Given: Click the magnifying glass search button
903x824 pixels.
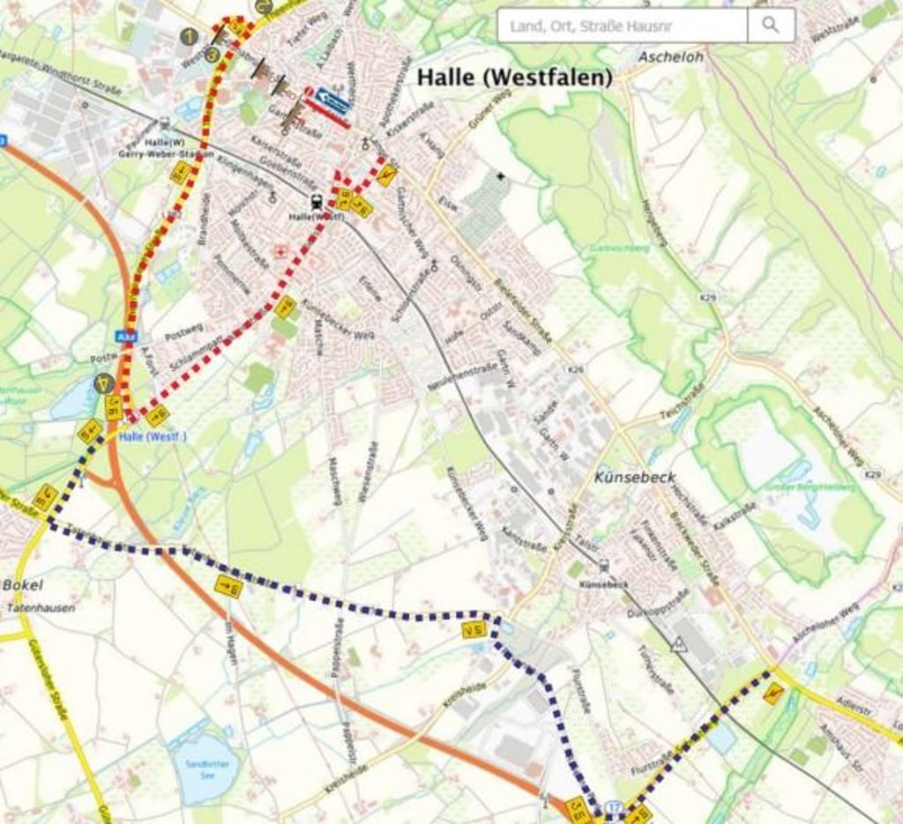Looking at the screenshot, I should (x=771, y=26).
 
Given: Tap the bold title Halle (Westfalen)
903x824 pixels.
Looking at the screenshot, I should (x=514, y=77).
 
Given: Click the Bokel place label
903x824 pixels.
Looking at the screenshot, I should (x=22, y=585).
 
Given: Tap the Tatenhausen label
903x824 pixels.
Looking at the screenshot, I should (x=41, y=608).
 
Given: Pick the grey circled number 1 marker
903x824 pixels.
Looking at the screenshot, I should (x=189, y=36).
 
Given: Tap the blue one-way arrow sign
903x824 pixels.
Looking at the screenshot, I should (x=332, y=101).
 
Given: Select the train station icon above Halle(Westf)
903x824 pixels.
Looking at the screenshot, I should (x=316, y=201).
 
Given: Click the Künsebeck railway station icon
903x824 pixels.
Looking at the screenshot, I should (x=604, y=566).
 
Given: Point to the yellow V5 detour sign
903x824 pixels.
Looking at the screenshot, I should (x=474, y=629).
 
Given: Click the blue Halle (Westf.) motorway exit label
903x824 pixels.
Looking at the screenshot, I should (x=153, y=436).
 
